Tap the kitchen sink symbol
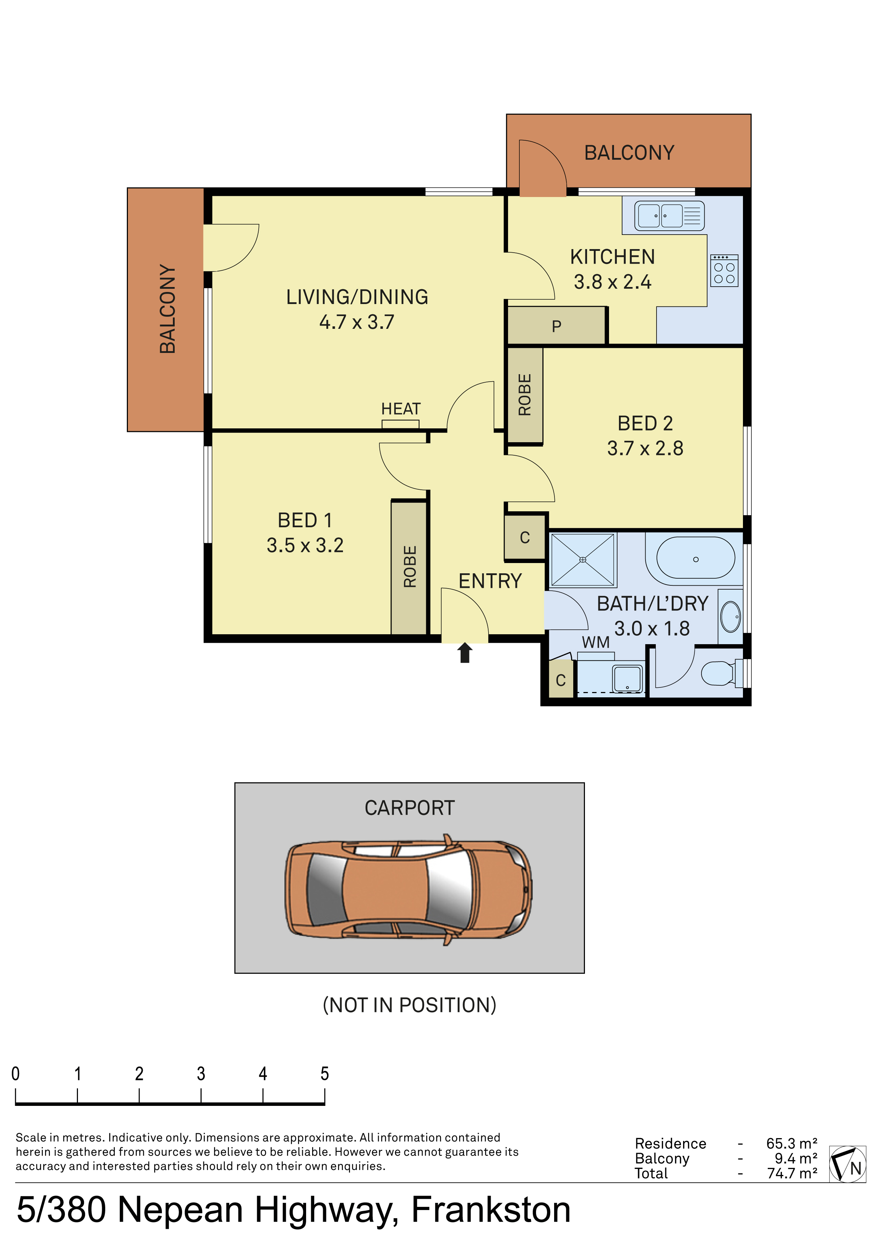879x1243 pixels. pos(669,215)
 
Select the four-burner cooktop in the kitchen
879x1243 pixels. pos(724,271)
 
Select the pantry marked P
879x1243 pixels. pos(556,325)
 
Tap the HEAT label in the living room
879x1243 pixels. pos(401,409)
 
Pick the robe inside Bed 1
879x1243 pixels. pos(409,567)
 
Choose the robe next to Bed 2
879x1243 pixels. pos(524,395)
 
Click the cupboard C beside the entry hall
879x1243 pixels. pos(524,537)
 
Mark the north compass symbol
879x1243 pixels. pos(847,1164)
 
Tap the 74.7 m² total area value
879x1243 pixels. pos(792,1173)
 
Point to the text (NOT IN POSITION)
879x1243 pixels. pos(409,1005)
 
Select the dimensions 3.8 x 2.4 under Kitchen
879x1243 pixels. pos(612,281)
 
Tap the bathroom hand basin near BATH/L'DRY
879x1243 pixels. pos(731,616)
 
